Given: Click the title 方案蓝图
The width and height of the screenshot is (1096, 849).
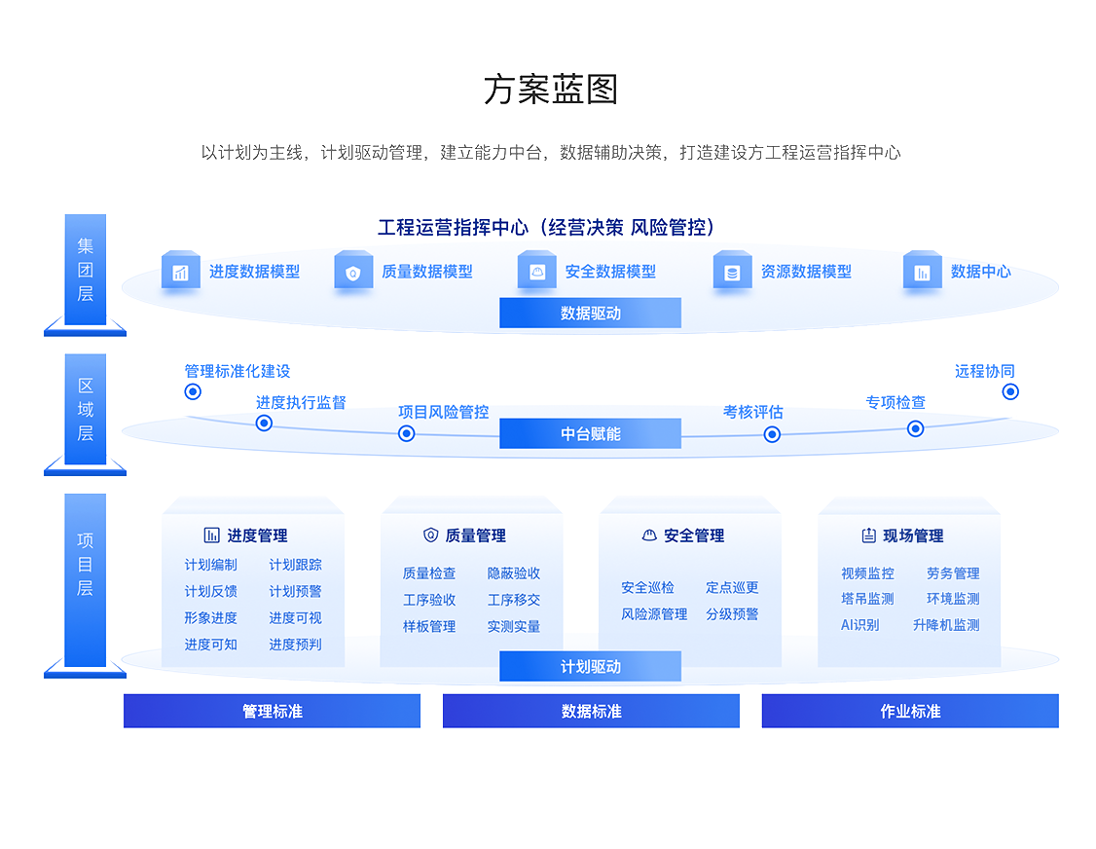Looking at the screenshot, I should pos(551,90).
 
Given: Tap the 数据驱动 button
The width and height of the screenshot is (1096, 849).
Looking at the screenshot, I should pos(590,313).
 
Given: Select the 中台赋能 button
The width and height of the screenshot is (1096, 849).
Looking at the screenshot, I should pos(590,433).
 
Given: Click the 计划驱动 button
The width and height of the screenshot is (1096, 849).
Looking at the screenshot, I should pos(590,667).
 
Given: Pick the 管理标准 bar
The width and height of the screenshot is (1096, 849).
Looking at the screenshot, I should pos(272,711).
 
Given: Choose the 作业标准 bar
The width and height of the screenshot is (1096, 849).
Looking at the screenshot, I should pos(910,711).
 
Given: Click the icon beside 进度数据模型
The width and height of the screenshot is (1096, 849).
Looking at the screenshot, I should pos(180,273).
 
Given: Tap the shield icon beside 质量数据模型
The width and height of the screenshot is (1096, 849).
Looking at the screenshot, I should pos(352,273).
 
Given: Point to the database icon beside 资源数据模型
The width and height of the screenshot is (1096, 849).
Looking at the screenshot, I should pos(732,273).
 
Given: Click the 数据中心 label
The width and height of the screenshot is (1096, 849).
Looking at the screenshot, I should pos(980,272).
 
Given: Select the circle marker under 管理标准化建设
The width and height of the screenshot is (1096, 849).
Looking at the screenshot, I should pos(193,391).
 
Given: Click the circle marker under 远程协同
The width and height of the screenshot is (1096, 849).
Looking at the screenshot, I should pos(1010,391).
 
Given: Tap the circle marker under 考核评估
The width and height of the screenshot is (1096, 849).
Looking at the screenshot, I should pos(772,434).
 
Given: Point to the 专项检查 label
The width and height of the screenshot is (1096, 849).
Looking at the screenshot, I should pos(895,402).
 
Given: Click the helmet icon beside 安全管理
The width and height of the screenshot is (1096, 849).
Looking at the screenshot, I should pos(649,535).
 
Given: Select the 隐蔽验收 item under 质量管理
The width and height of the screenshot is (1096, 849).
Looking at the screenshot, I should pos(514,573).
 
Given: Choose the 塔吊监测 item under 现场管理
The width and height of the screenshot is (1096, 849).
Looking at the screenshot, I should pos(867,599).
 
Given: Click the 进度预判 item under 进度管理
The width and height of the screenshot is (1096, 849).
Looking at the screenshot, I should pos(295,645).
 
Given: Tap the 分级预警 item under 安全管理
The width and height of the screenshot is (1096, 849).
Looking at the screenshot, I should pos(732,614).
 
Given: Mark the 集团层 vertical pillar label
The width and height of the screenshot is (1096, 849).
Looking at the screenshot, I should pos(86,269).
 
